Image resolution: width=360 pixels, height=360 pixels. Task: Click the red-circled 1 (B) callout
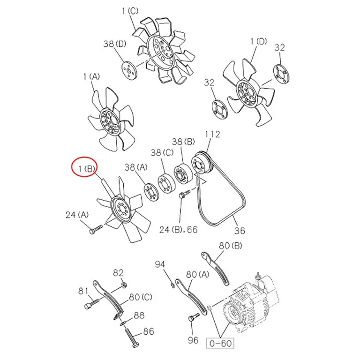point(86,169)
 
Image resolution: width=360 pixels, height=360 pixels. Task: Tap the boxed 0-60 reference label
point(220,344)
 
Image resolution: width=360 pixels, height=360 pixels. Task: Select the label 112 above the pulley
point(212,135)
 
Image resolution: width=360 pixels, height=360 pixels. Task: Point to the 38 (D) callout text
point(114,44)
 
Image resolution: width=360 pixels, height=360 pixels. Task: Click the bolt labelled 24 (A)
point(96,229)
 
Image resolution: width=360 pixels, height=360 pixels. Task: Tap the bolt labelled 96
point(194,318)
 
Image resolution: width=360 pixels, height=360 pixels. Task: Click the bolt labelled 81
point(91,304)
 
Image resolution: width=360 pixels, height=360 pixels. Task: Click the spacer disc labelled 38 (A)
point(151,193)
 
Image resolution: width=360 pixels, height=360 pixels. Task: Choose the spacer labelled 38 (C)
point(166,184)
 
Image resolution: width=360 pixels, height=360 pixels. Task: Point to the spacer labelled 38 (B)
point(182,174)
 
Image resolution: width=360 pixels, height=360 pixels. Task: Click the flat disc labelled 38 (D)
point(129,70)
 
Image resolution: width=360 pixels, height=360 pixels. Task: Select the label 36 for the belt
point(240,230)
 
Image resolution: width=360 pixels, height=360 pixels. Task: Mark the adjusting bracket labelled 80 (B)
point(215,269)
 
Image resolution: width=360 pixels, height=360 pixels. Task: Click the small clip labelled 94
point(172,285)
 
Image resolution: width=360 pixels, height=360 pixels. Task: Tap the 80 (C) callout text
point(141,297)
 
